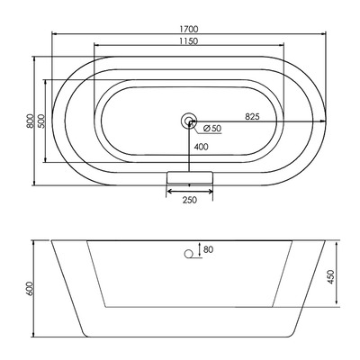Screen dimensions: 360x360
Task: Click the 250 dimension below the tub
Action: click(189, 200)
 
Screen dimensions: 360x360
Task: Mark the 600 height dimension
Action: click(31, 288)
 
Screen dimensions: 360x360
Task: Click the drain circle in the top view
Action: click(189, 119)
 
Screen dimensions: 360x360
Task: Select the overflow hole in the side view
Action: click(190, 254)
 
